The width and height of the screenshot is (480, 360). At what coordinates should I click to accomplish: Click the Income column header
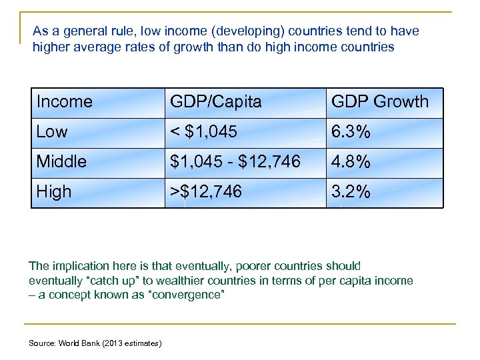point(65,102)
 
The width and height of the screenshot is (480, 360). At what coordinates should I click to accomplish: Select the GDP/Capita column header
point(216,102)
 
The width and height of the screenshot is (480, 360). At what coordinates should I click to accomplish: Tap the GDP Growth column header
point(380,102)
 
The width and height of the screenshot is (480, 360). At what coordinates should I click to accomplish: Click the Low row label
point(52,132)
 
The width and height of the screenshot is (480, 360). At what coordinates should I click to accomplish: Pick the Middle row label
point(61,162)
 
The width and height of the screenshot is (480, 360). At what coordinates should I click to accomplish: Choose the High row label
point(54,192)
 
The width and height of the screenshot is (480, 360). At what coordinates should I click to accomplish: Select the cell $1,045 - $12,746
point(235,162)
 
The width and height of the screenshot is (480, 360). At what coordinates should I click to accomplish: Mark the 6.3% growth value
point(351,132)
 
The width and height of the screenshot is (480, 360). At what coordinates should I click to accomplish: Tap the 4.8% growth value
point(351,162)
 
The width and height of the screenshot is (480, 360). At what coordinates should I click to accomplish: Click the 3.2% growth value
point(351,192)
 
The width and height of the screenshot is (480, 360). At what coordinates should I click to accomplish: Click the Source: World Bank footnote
point(95,343)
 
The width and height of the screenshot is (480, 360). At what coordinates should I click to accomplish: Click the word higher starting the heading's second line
point(50,47)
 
